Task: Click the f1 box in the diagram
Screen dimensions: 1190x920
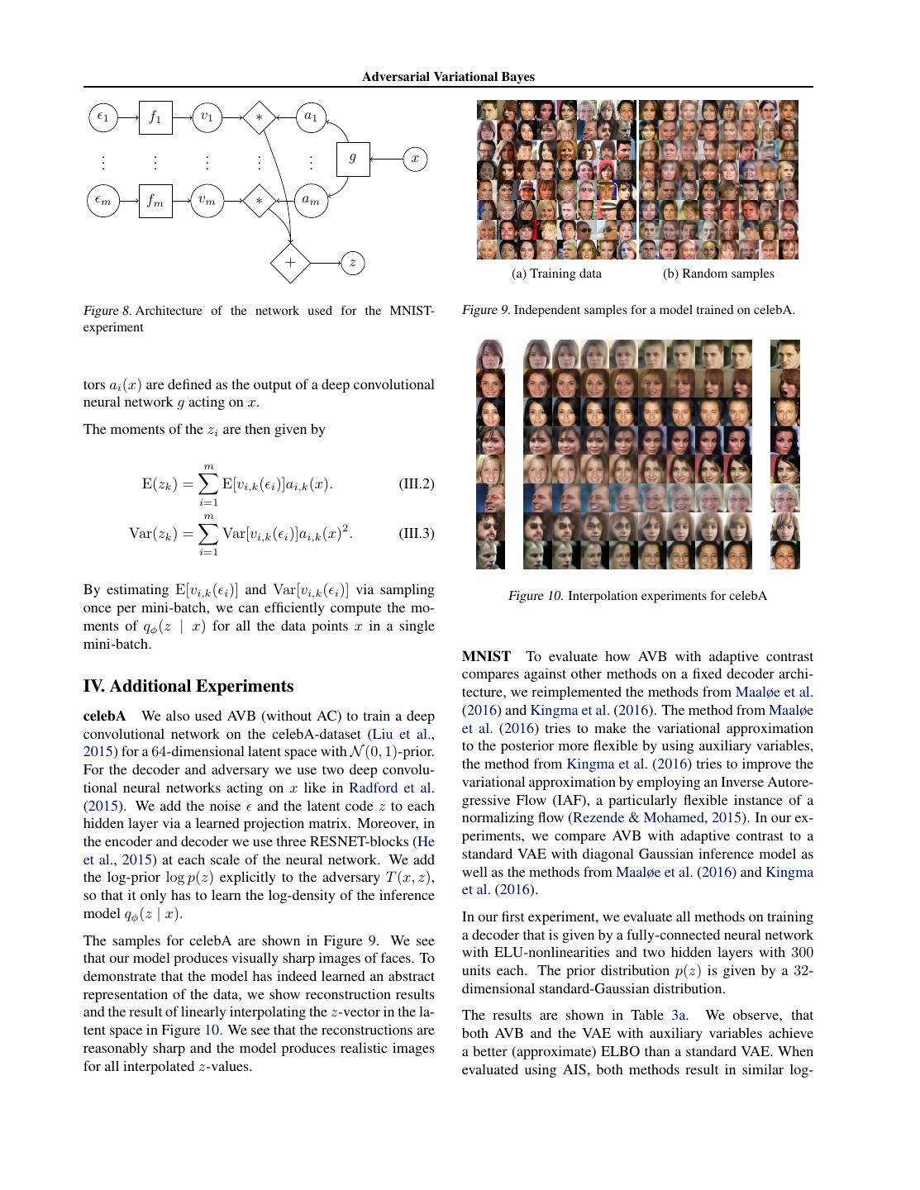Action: [x=155, y=117]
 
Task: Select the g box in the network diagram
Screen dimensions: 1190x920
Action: [x=353, y=158]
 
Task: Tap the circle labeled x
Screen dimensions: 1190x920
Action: [x=415, y=159]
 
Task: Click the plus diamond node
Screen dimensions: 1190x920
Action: [x=290, y=263]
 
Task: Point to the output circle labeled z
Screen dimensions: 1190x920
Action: [x=353, y=263]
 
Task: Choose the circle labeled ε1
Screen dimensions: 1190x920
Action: [x=102, y=117]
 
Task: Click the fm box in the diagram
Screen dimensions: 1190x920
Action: [x=155, y=200]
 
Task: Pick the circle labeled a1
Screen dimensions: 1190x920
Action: [x=311, y=117]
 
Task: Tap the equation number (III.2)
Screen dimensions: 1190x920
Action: [x=416, y=483]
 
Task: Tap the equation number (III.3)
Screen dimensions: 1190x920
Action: [x=416, y=533]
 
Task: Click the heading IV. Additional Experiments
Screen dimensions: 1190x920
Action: [x=188, y=686]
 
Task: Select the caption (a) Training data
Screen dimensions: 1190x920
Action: [x=556, y=274]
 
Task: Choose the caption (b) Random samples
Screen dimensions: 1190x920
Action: [x=718, y=274]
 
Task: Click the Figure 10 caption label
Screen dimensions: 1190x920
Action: [x=536, y=596]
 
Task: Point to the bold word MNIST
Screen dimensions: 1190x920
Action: [x=486, y=656]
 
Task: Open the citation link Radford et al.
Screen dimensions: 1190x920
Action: [x=391, y=788]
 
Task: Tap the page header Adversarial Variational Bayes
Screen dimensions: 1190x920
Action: [x=448, y=77]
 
